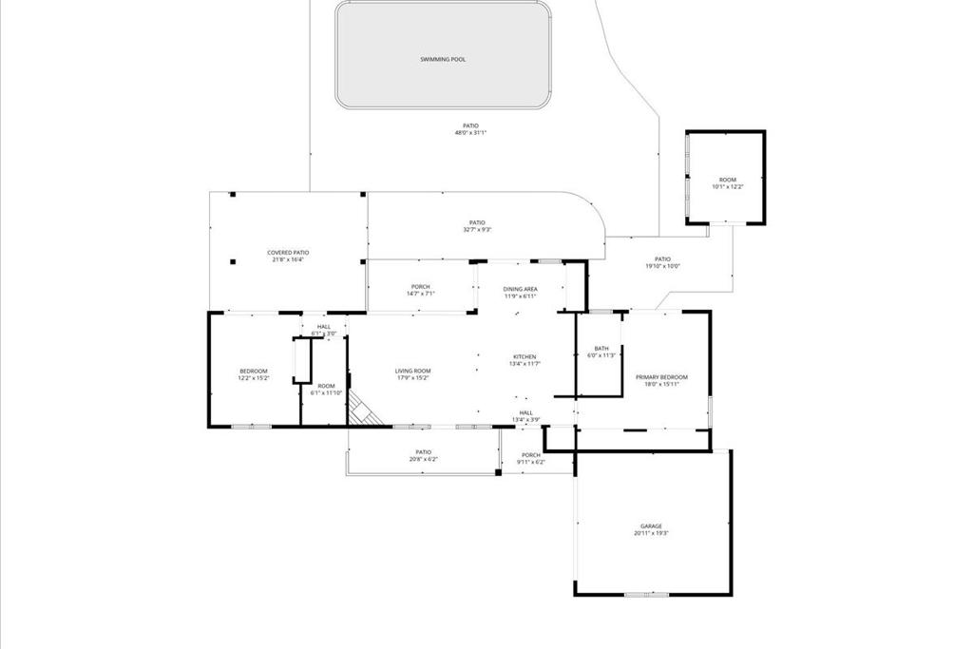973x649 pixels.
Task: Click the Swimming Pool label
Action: click(x=443, y=59)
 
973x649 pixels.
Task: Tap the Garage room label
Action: click(x=651, y=526)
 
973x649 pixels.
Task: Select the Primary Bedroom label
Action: click(x=661, y=377)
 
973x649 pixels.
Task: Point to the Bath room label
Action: click(x=601, y=349)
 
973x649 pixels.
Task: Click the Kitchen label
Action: click(x=525, y=357)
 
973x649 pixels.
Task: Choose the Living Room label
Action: click(x=413, y=371)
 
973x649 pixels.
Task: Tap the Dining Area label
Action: click(x=520, y=288)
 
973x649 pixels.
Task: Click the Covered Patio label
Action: click(x=288, y=253)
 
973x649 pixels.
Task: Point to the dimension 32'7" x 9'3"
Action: click(x=477, y=230)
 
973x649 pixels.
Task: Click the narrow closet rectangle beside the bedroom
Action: click(x=302, y=360)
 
